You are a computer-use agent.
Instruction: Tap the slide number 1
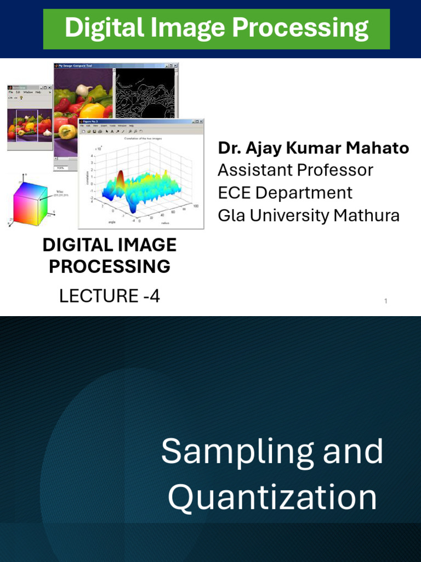(x=386, y=301)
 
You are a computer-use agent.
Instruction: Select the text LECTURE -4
(x=110, y=296)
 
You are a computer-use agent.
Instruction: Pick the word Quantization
(x=272, y=497)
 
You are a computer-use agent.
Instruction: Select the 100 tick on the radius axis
(x=196, y=206)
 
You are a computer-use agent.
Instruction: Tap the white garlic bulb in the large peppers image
(x=83, y=90)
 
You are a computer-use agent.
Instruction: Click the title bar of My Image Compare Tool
(x=110, y=65)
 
